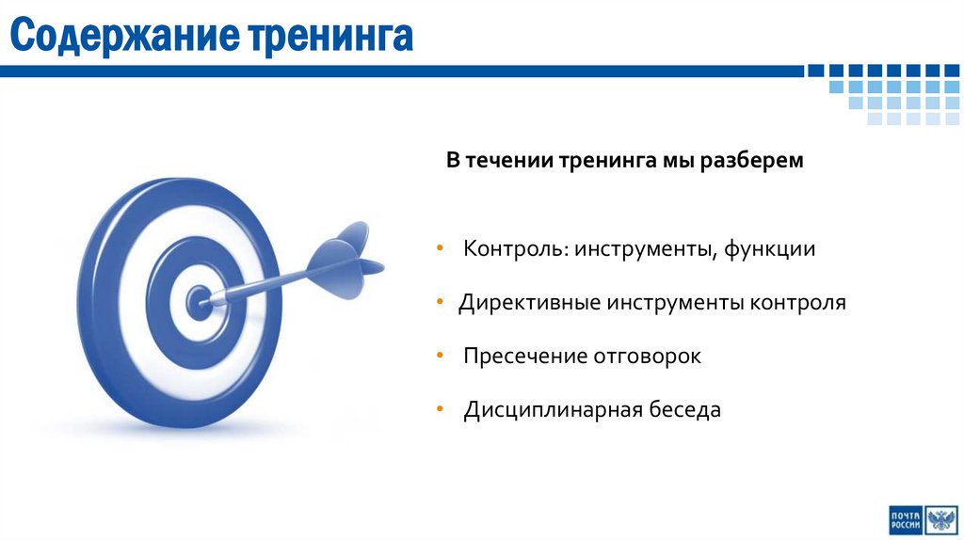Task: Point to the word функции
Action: pos(769,249)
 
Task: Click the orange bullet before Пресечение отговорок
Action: pos(441,357)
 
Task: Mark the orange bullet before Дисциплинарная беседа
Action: pos(441,410)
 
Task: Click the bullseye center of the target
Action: pos(198,302)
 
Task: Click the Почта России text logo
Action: pos(906,519)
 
